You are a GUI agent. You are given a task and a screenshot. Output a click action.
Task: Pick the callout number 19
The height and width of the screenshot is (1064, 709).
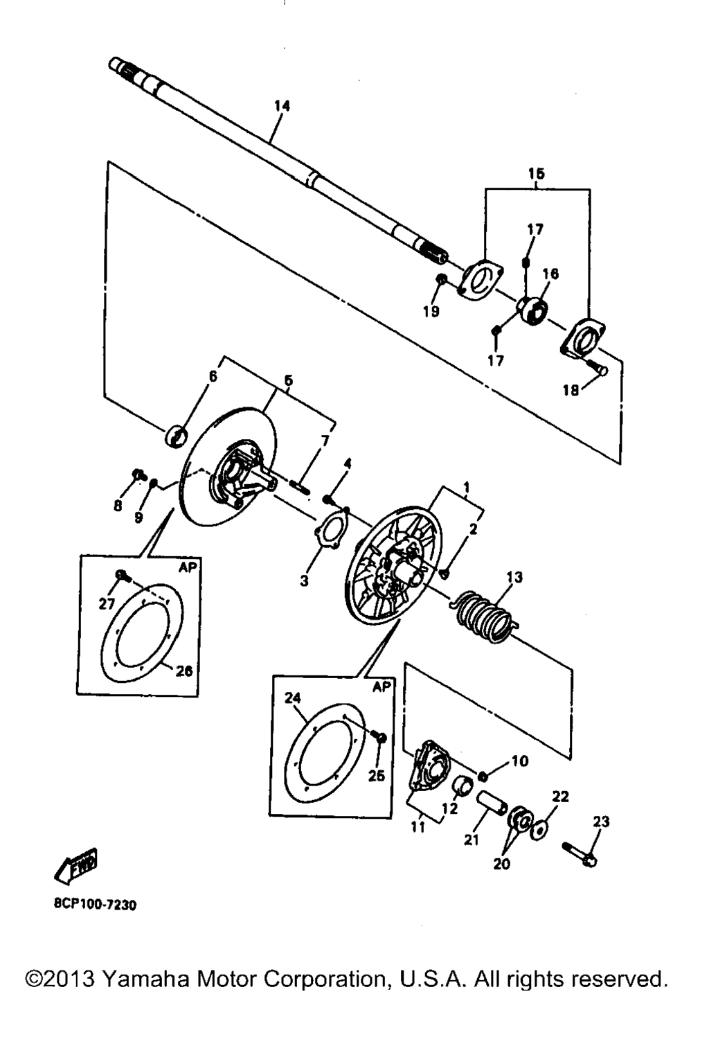click(x=431, y=312)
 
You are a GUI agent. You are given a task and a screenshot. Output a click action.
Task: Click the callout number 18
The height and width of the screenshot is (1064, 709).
click(x=571, y=391)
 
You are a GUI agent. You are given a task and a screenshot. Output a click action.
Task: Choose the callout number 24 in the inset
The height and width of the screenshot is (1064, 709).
click(x=294, y=698)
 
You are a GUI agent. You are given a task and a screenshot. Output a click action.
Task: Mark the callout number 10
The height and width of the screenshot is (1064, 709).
click(x=520, y=761)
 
